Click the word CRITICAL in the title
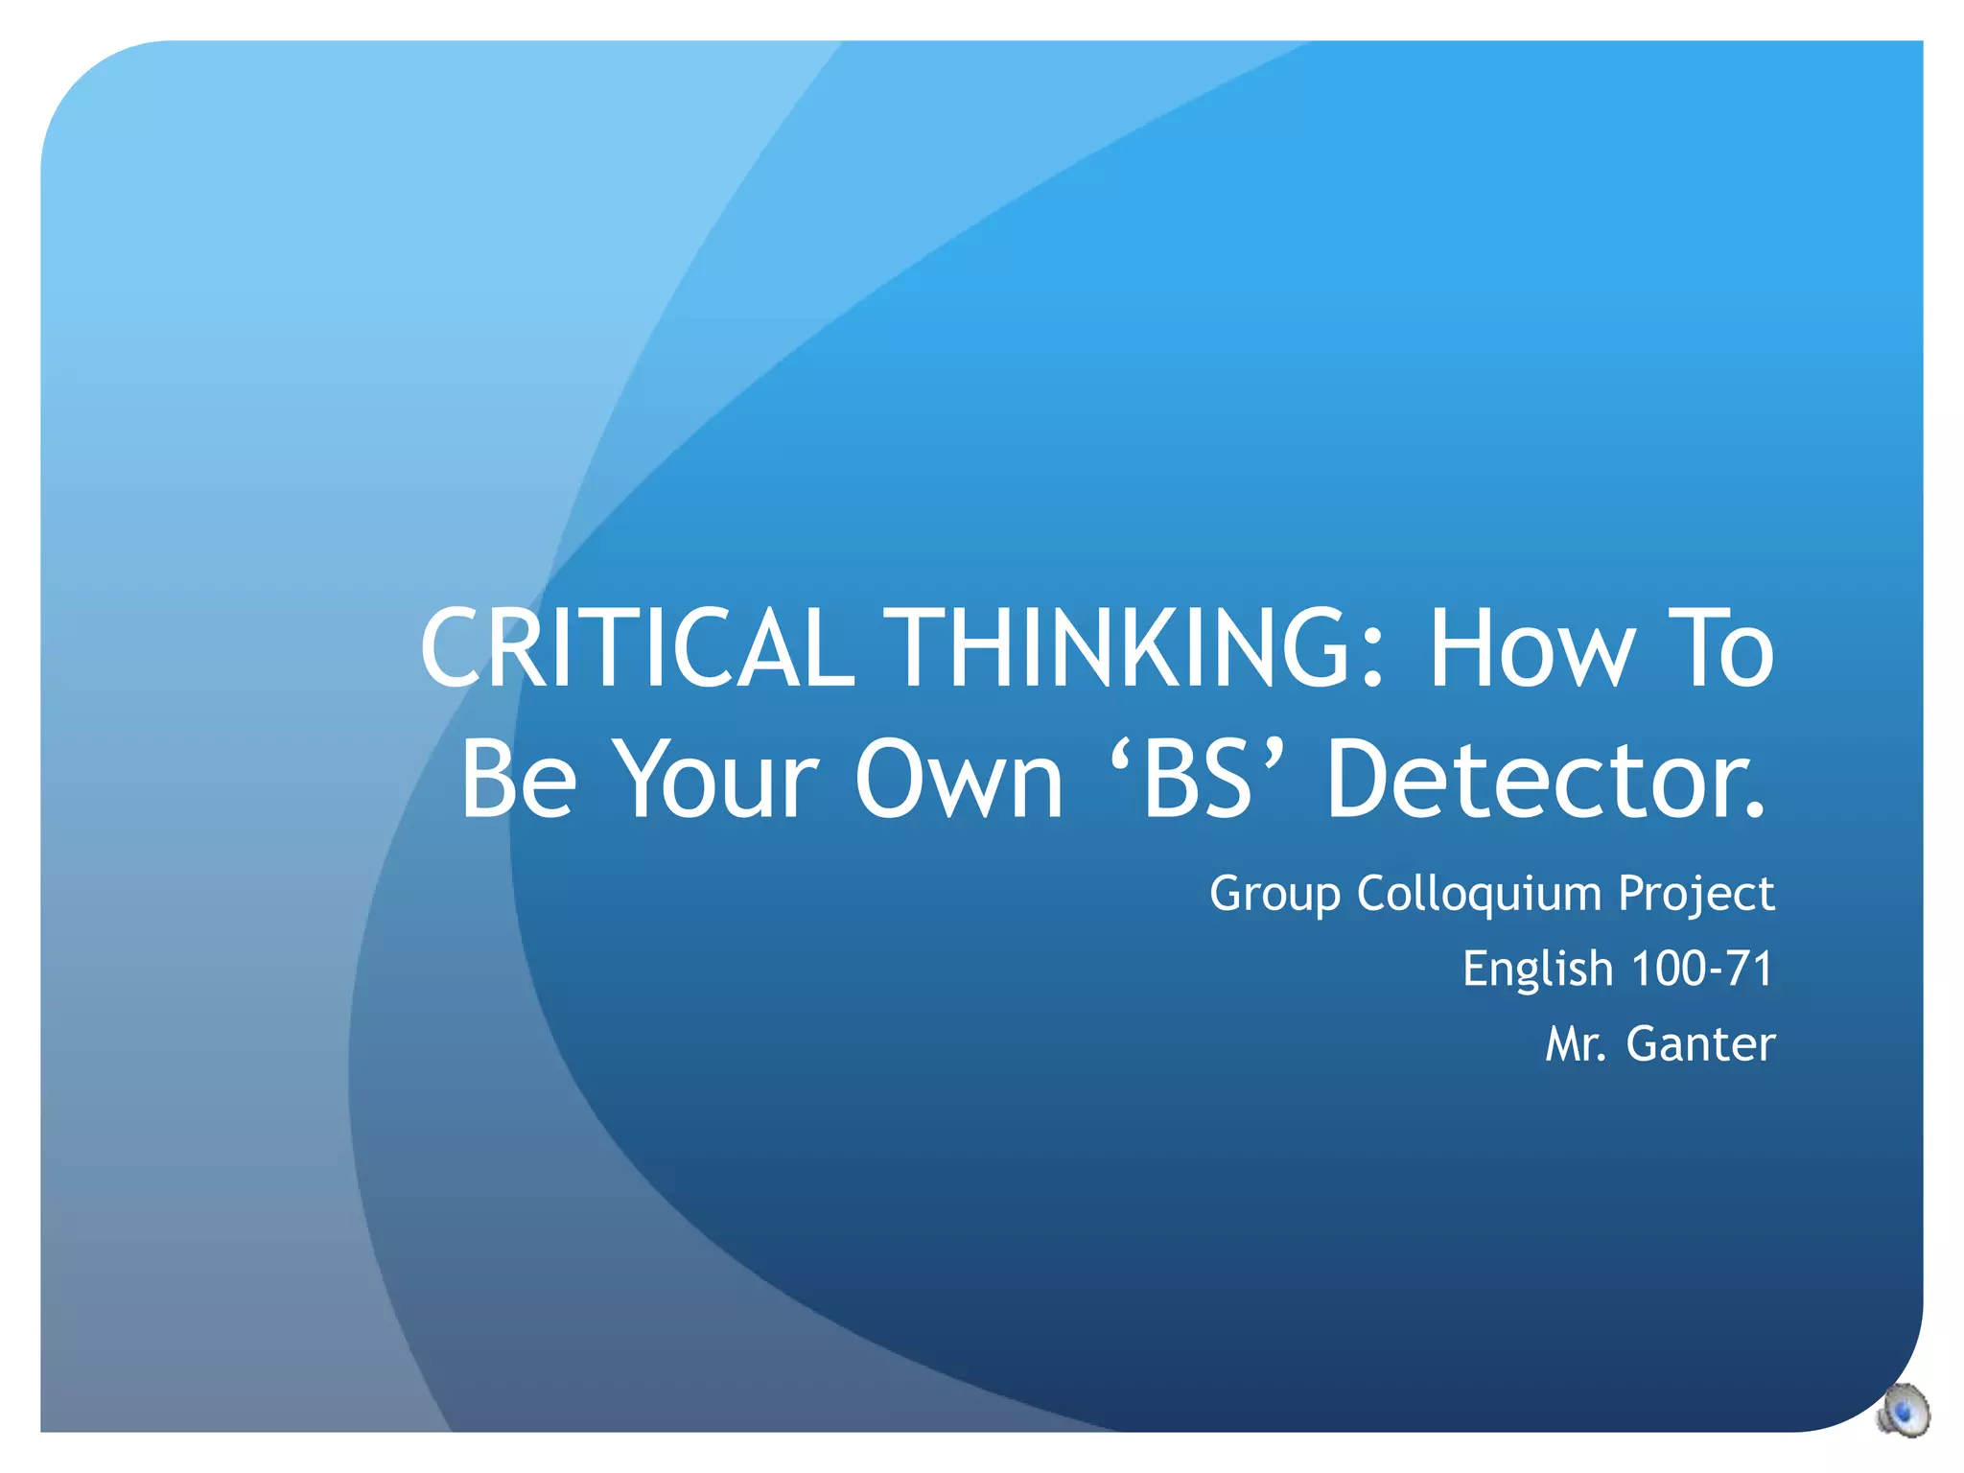coord(637,648)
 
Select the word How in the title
coord(1531,648)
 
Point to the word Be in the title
coord(518,779)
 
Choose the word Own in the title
coord(959,779)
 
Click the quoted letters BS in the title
coord(1198,779)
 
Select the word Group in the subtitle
coord(1274,895)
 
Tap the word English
coord(1537,969)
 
